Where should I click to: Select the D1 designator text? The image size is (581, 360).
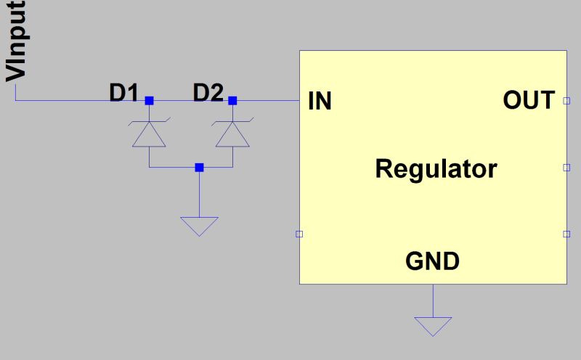(123, 94)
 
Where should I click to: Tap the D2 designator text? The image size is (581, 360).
(208, 94)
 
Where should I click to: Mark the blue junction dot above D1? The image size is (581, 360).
(149, 101)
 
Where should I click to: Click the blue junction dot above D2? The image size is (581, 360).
(232, 101)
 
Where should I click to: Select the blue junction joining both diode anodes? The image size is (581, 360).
(199, 168)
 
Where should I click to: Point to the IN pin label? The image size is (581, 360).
(320, 102)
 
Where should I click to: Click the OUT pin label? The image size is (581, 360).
(529, 101)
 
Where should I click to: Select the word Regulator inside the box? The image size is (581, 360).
(436, 169)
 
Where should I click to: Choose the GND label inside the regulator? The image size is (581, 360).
(432, 261)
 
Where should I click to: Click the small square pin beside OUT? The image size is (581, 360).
(566, 101)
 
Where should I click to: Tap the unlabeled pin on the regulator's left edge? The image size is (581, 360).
(299, 234)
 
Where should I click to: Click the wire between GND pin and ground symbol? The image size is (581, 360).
(433, 300)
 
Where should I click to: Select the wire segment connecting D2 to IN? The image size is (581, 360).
(265, 101)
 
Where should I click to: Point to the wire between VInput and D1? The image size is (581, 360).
(73, 101)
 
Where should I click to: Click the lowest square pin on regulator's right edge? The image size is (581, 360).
(566, 234)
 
